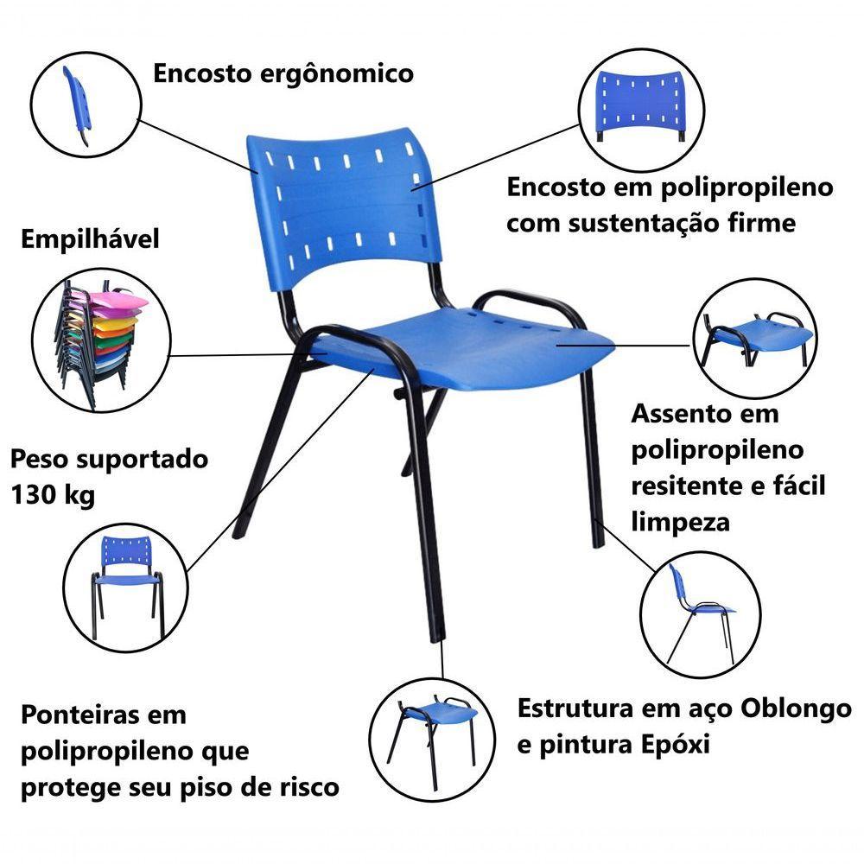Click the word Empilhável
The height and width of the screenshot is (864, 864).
point(90,239)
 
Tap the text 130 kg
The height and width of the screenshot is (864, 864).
point(54,496)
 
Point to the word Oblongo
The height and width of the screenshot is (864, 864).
point(796,708)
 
